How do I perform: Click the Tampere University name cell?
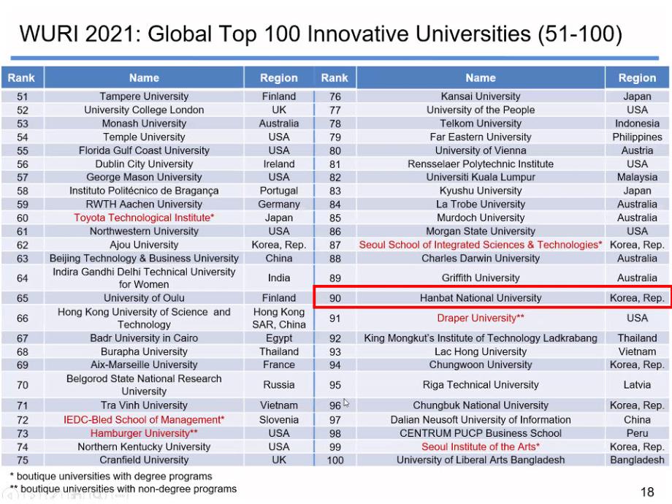(x=144, y=96)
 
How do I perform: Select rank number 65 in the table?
(x=22, y=298)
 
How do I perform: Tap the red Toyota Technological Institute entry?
(x=144, y=218)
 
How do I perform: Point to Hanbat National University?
(x=481, y=298)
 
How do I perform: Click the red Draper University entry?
(x=481, y=318)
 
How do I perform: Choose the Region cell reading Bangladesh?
(x=637, y=460)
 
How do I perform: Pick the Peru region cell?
(x=637, y=433)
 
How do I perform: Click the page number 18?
(x=647, y=492)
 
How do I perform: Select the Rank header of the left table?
(x=22, y=77)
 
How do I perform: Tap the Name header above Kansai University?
(x=481, y=77)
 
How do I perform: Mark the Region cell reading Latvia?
(x=637, y=385)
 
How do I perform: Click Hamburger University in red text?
(x=144, y=433)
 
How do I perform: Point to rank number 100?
(x=335, y=460)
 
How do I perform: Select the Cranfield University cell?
(x=144, y=460)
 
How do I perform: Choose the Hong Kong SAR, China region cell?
(x=279, y=318)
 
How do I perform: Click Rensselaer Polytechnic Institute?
(x=481, y=164)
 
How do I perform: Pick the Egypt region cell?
(x=279, y=338)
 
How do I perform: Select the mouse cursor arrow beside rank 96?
(x=346, y=402)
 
